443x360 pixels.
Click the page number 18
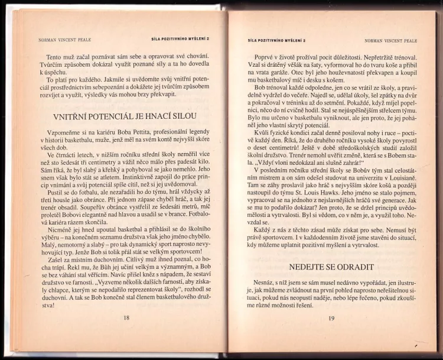tap(126, 318)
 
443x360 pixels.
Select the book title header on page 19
tap(275, 41)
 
